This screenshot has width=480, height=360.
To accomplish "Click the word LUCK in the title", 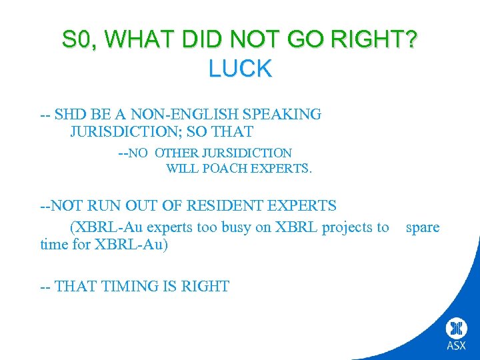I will (x=240, y=68).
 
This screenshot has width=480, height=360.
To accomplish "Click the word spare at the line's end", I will (x=423, y=227).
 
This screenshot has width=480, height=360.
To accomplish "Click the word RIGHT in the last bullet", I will (x=205, y=287).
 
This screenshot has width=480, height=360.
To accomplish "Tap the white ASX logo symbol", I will (x=457, y=328).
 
